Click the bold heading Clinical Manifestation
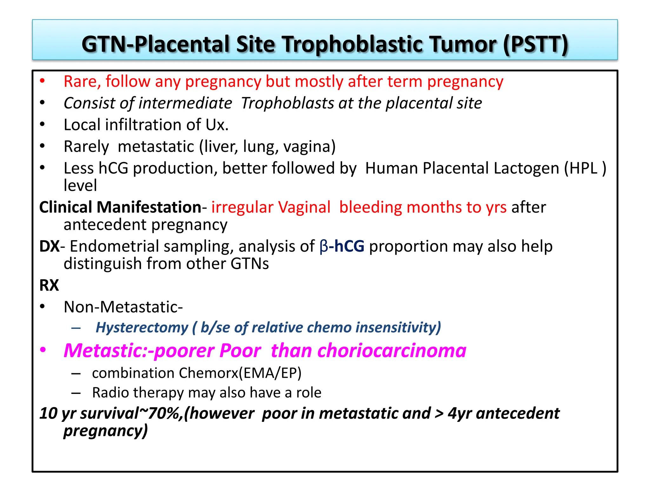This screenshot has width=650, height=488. (120, 207)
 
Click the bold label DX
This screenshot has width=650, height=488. (49, 246)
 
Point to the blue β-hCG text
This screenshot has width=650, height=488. (342, 246)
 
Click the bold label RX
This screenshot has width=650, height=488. (49, 285)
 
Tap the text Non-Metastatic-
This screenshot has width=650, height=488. (123, 307)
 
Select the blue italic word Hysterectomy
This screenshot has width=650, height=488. (142, 328)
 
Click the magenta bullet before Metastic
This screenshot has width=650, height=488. (43, 350)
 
